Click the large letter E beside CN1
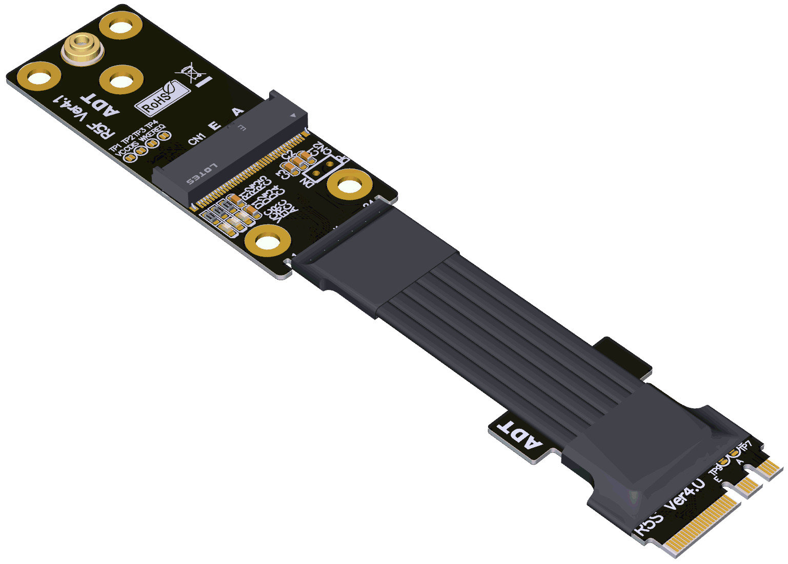pos(215,125)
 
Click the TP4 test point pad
pos(164,136)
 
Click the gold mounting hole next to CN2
pos(349,185)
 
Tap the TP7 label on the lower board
pos(745,447)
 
